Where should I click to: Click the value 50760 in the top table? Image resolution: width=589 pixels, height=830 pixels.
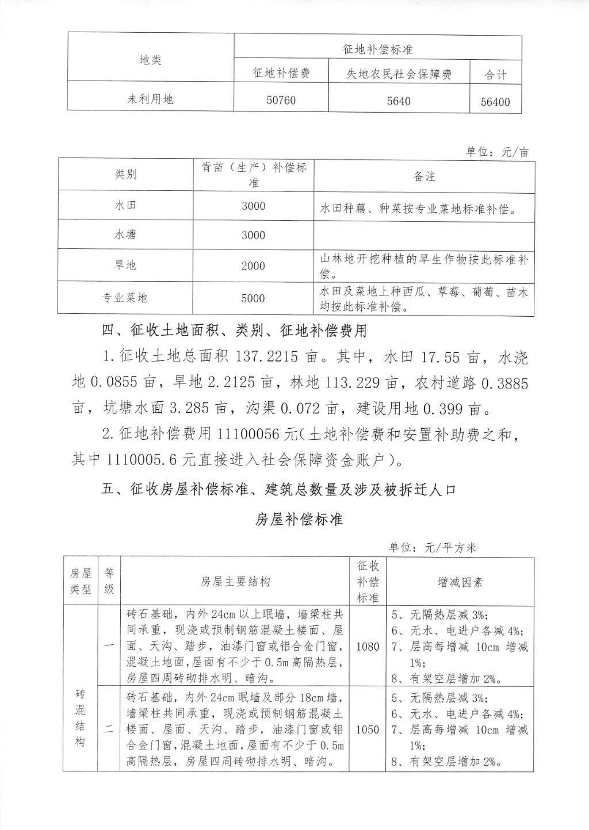point(281,101)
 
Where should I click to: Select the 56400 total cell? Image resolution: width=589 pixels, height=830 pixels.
point(495,102)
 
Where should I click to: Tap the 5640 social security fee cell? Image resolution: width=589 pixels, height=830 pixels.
point(399,101)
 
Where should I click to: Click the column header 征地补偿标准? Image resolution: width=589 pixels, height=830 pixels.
point(378,50)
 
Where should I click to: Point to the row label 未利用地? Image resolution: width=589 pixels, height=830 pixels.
point(150,99)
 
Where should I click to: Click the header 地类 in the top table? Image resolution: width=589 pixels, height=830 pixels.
point(150,60)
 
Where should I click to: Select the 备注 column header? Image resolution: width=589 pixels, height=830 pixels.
point(424,176)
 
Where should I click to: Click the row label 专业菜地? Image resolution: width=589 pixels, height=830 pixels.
point(125,298)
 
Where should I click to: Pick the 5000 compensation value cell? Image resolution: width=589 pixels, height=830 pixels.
point(253,298)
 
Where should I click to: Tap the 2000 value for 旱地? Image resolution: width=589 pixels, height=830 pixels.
point(253,266)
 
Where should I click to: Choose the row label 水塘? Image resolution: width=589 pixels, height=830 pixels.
point(125,235)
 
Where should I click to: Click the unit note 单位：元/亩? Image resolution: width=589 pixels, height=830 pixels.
point(497,152)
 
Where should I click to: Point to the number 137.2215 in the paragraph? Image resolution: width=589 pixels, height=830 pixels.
point(267,358)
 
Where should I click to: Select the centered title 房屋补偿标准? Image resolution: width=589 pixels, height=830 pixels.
point(299,519)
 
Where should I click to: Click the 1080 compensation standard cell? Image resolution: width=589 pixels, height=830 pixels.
point(368,647)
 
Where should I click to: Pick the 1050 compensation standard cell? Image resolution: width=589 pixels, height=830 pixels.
point(368,730)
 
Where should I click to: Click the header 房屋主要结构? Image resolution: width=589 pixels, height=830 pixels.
point(235,582)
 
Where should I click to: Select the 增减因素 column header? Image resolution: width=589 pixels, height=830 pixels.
point(460,582)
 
